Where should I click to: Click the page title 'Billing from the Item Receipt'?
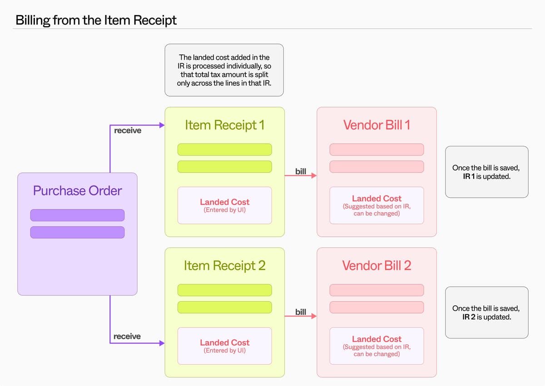click(96, 20)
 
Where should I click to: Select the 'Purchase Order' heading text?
click(77, 190)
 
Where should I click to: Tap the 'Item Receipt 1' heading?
click(224, 125)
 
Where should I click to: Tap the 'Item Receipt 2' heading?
click(224, 265)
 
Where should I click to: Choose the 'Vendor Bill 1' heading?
click(377, 125)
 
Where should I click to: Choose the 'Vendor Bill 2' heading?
click(377, 265)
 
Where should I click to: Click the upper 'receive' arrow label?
click(128, 131)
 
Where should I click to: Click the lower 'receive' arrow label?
click(127, 337)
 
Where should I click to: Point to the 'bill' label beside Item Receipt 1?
click(301, 171)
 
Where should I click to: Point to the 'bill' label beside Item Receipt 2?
click(301, 312)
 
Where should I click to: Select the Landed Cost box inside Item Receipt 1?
click(224, 205)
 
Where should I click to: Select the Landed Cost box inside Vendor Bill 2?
click(377, 346)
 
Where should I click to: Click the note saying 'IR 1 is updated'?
click(486, 172)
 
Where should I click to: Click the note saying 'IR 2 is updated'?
click(486, 313)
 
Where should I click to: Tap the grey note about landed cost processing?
click(224, 70)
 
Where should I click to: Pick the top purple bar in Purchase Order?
click(77, 215)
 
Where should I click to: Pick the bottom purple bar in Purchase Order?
click(77, 232)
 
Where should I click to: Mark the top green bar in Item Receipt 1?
click(224, 149)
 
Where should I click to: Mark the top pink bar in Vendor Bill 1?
click(377, 149)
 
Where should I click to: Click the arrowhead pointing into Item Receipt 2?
click(161, 343)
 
